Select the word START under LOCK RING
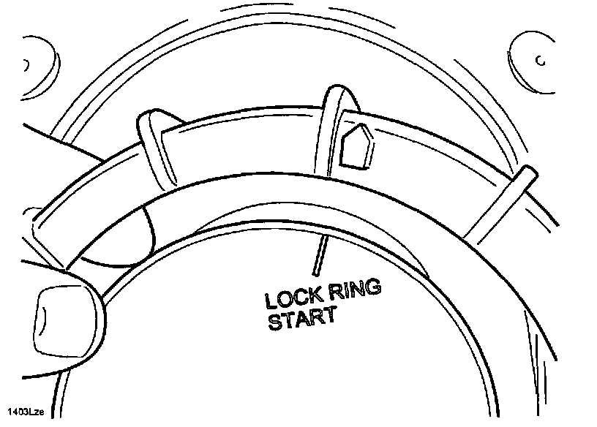301,320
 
